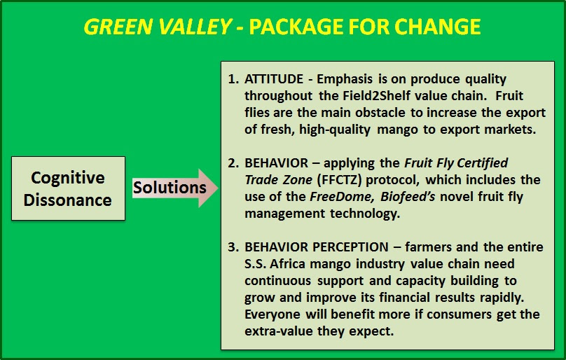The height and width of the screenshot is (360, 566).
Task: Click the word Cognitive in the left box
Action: click(x=68, y=178)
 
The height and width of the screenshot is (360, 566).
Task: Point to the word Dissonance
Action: click(x=68, y=200)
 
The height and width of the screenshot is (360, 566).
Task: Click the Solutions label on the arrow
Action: click(x=170, y=188)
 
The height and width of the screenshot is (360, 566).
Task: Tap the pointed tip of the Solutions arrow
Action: click(x=218, y=188)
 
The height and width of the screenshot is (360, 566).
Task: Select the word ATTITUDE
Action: click(x=274, y=79)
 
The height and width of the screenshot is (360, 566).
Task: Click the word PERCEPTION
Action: click(x=350, y=247)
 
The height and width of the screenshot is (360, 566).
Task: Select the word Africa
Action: click(x=288, y=264)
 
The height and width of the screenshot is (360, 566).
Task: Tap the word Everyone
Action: click(x=272, y=314)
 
